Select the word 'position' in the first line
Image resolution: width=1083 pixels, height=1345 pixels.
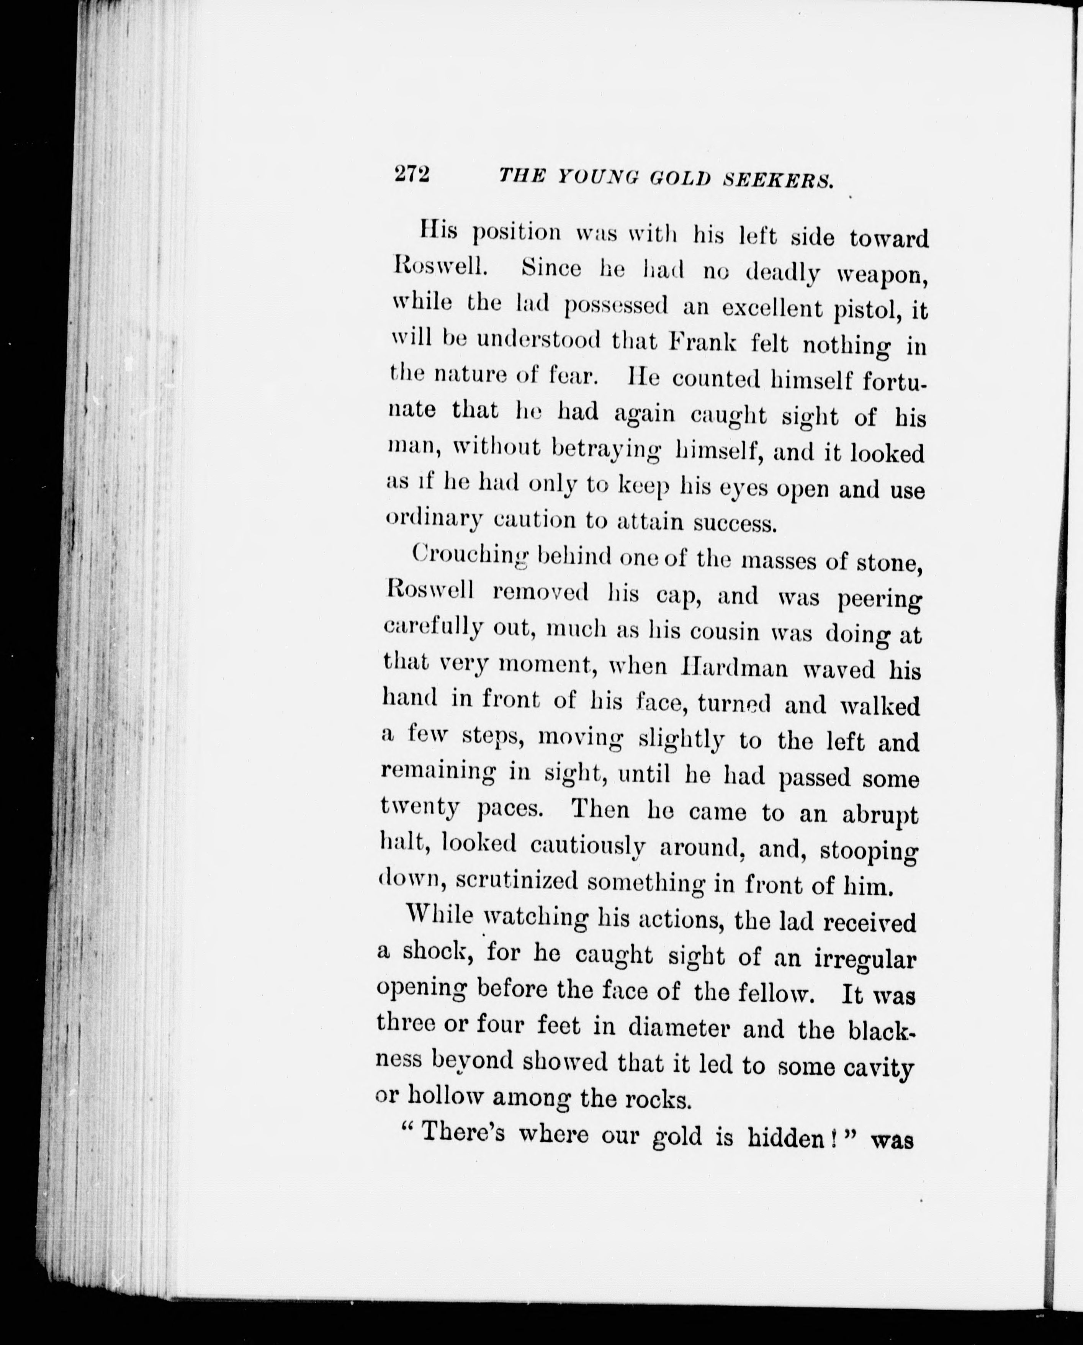point(517,233)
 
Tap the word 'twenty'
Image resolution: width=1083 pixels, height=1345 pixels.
point(420,808)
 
